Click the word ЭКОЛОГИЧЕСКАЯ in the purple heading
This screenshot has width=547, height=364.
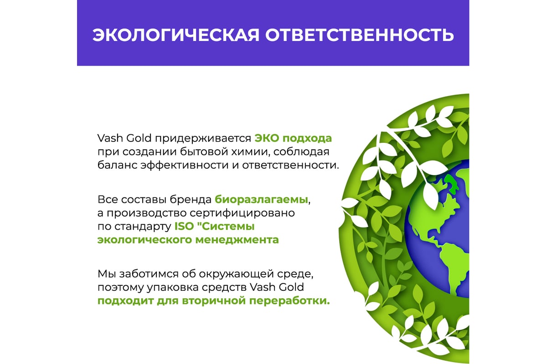pos(176,35)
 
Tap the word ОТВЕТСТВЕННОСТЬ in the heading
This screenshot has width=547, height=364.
pos(360,35)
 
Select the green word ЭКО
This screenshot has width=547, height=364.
pos(267,138)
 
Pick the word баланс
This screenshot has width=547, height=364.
pos(117,165)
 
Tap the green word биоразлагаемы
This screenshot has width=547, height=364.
pos(261,200)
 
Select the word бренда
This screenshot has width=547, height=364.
pos(191,199)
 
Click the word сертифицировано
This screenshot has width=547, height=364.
pos(242,213)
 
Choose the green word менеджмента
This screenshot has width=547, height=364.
pos(237,240)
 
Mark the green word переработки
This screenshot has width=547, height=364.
pos(289,301)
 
